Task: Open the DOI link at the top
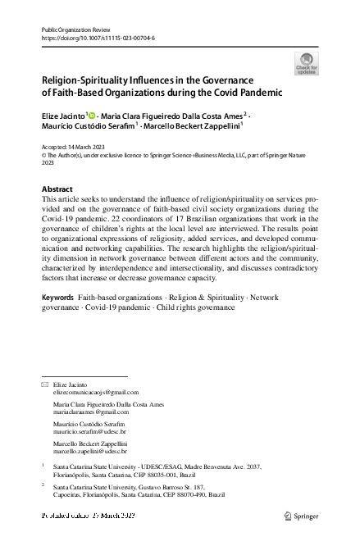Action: (x=98, y=38)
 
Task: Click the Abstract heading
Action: (x=57, y=189)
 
